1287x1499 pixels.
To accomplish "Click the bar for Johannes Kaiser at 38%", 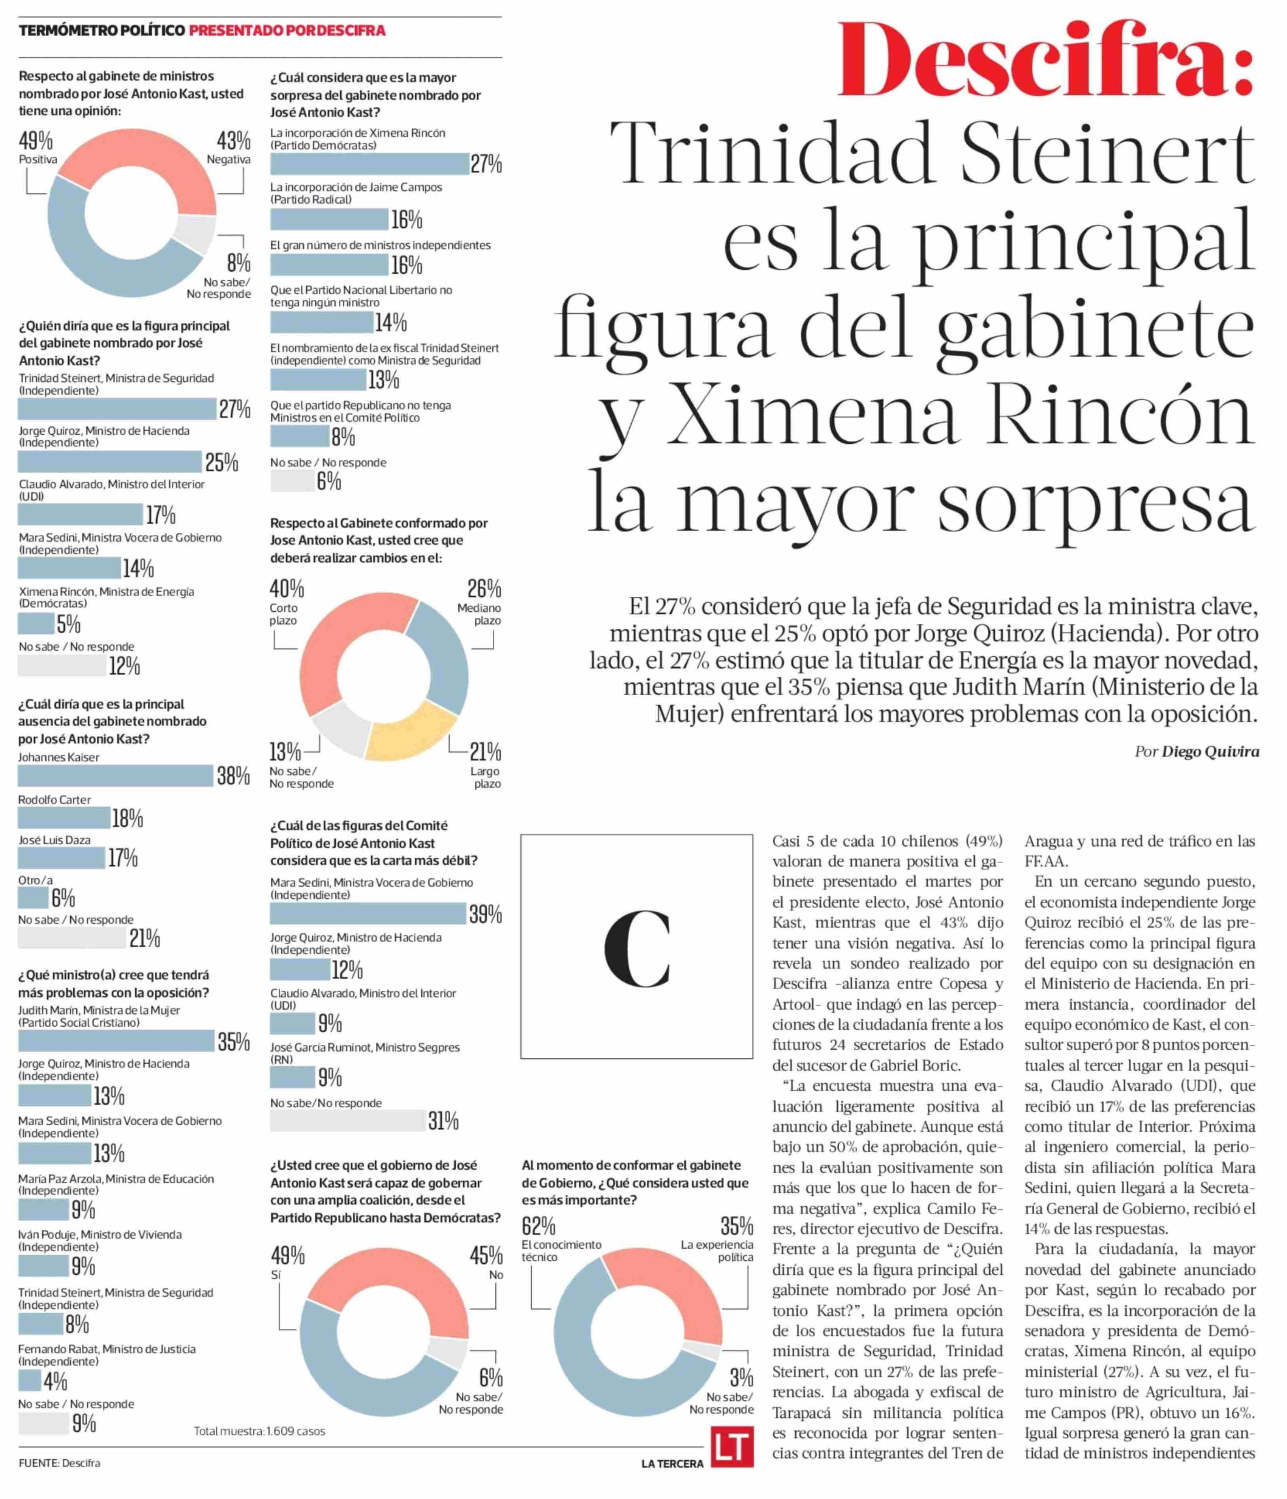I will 116,776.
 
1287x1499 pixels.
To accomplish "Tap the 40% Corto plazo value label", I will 287,588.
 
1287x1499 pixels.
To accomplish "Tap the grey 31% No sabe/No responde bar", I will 347,1121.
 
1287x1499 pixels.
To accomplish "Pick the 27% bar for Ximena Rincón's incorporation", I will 369,164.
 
